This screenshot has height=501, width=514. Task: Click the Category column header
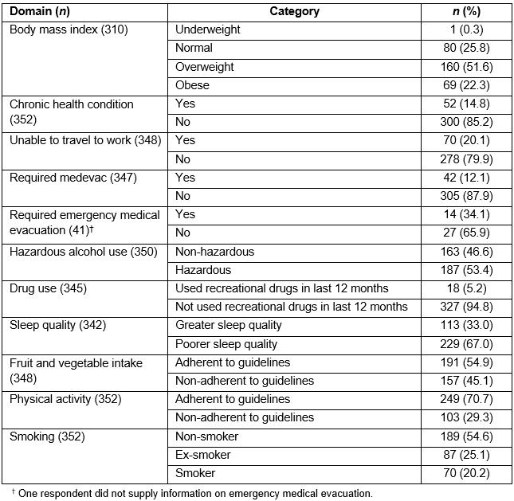pyautogui.click(x=294, y=11)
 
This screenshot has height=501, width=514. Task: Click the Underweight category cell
pyautogui.click(x=207, y=30)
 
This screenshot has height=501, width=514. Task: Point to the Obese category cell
pyautogui.click(x=192, y=85)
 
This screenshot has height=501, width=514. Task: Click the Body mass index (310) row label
pyautogui.click(x=69, y=30)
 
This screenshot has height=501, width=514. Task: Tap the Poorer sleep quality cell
pyautogui.click(x=226, y=344)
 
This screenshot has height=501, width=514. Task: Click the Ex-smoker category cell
pyautogui.click(x=202, y=455)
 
